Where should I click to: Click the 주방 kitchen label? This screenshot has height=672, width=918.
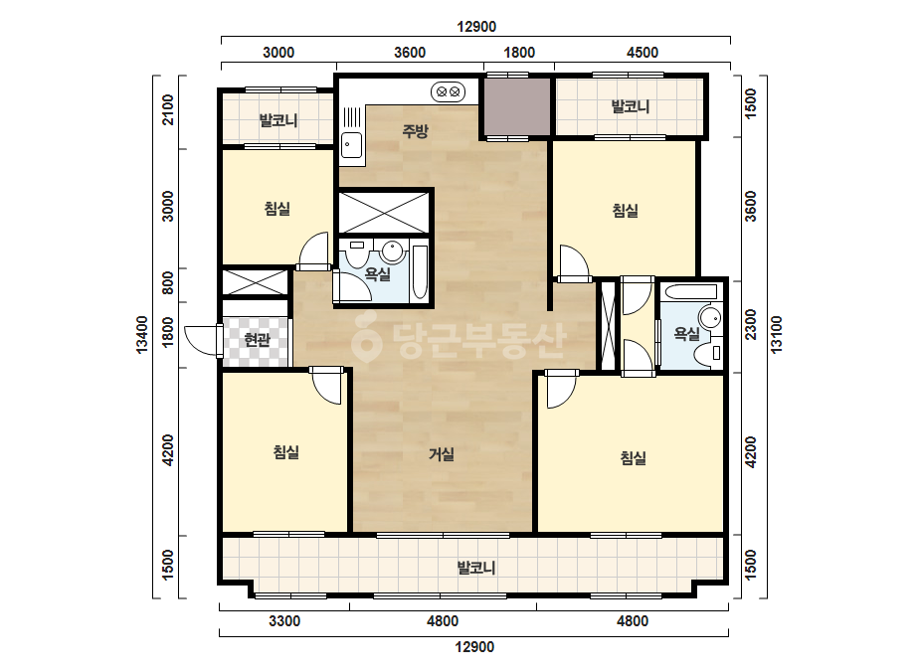415,130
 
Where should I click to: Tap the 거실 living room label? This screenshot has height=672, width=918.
442,453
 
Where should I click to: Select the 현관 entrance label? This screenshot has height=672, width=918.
257,339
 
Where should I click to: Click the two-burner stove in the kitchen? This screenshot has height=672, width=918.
448,91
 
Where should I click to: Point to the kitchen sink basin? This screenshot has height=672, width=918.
351,144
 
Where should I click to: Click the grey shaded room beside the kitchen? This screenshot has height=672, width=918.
516,106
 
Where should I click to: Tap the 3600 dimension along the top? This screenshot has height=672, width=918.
409,53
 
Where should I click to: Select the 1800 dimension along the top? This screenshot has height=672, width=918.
519,53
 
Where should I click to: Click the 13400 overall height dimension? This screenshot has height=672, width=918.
142,334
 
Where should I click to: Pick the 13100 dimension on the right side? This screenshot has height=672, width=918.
777,334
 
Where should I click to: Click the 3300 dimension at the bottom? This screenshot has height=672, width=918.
284,621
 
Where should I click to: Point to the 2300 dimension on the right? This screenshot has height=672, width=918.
751,325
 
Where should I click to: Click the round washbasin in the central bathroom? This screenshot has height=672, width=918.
392,252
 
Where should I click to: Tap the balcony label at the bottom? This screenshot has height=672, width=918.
476,568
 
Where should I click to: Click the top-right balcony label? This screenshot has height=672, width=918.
631,106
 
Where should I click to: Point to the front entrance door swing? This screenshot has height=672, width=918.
202,340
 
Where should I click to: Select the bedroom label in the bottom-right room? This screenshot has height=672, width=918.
633,457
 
